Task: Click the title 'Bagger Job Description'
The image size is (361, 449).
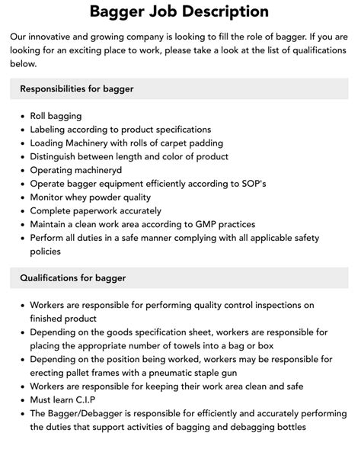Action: [x=180, y=11]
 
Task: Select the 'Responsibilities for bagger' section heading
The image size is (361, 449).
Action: [x=77, y=88]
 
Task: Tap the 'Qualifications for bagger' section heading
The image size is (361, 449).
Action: [x=73, y=278]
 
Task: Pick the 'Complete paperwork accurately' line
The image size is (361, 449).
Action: [x=96, y=210]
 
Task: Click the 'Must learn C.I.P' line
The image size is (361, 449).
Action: [x=67, y=399]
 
